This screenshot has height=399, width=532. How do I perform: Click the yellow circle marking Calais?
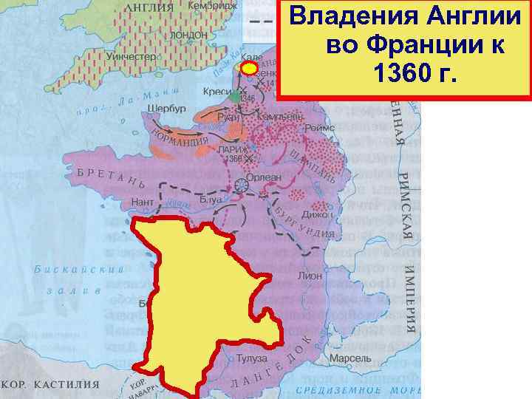(x=250, y=68)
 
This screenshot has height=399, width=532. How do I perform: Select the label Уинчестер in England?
(x=132, y=56)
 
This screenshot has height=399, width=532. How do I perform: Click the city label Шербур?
(x=166, y=107)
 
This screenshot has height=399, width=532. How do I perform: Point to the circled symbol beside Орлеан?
(x=242, y=185)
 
